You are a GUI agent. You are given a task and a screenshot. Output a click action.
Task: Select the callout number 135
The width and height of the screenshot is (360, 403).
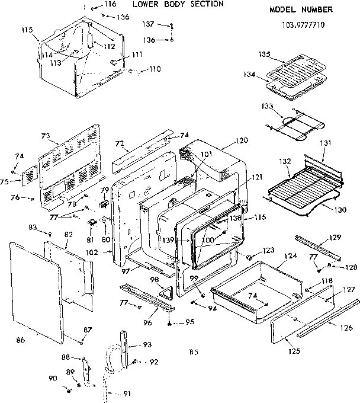coord(265,55)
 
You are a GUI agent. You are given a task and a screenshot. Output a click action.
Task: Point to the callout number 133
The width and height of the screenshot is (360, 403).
coord(268,106)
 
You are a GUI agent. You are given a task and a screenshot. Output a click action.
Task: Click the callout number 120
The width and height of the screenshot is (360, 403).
coord(241,142)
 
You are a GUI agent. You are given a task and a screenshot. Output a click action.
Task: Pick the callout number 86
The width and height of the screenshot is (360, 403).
coord(21,340)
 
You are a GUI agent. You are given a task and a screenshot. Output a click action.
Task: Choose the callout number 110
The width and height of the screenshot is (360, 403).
coord(155,69)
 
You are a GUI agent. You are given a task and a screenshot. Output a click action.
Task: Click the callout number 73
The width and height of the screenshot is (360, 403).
coord(46,136)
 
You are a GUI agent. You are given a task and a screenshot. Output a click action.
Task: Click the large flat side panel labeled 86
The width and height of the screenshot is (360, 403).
coord(36,290)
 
